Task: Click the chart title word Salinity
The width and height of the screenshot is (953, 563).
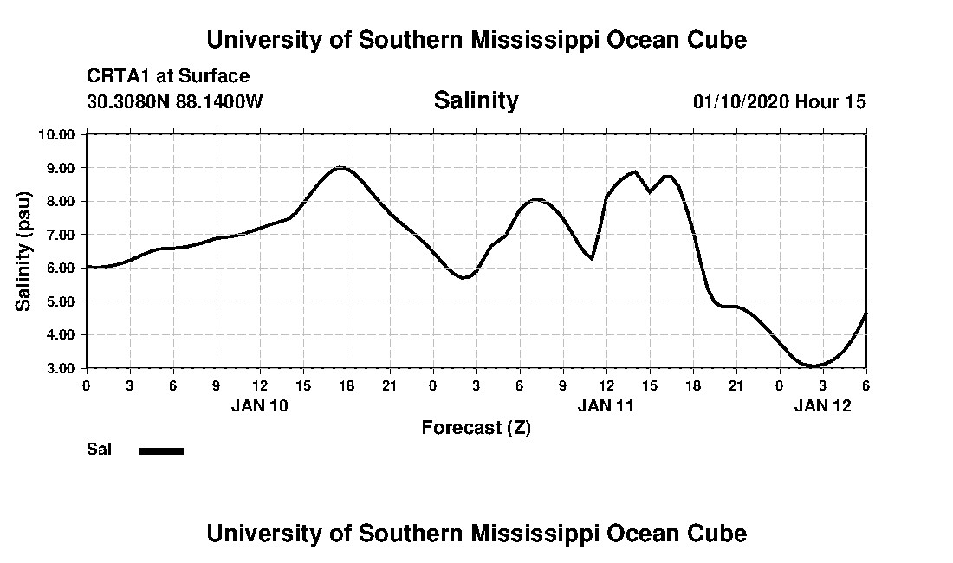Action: pos(476,100)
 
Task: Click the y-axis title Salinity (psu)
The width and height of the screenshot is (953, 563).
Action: pos(24,251)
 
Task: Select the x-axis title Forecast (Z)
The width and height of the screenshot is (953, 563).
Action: pos(476,427)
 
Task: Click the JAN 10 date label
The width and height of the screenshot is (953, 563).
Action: pos(259,405)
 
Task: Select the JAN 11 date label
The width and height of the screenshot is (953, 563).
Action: pos(606,405)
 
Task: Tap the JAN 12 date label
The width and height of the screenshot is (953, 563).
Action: pos(823,405)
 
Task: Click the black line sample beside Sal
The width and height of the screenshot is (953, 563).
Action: pos(162,450)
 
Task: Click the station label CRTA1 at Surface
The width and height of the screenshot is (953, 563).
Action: pos(168,76)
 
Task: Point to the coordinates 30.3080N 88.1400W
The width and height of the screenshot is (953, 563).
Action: pos(175,101)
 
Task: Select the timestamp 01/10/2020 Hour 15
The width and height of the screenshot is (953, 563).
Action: pos(779,101)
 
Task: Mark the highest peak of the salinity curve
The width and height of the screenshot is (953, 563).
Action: pos(342,167)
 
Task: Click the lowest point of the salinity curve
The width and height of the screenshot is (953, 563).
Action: pos(814,366)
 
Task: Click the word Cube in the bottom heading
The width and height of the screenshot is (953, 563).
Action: pos(720,533)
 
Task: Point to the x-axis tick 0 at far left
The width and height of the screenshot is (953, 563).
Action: pos(86,385)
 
